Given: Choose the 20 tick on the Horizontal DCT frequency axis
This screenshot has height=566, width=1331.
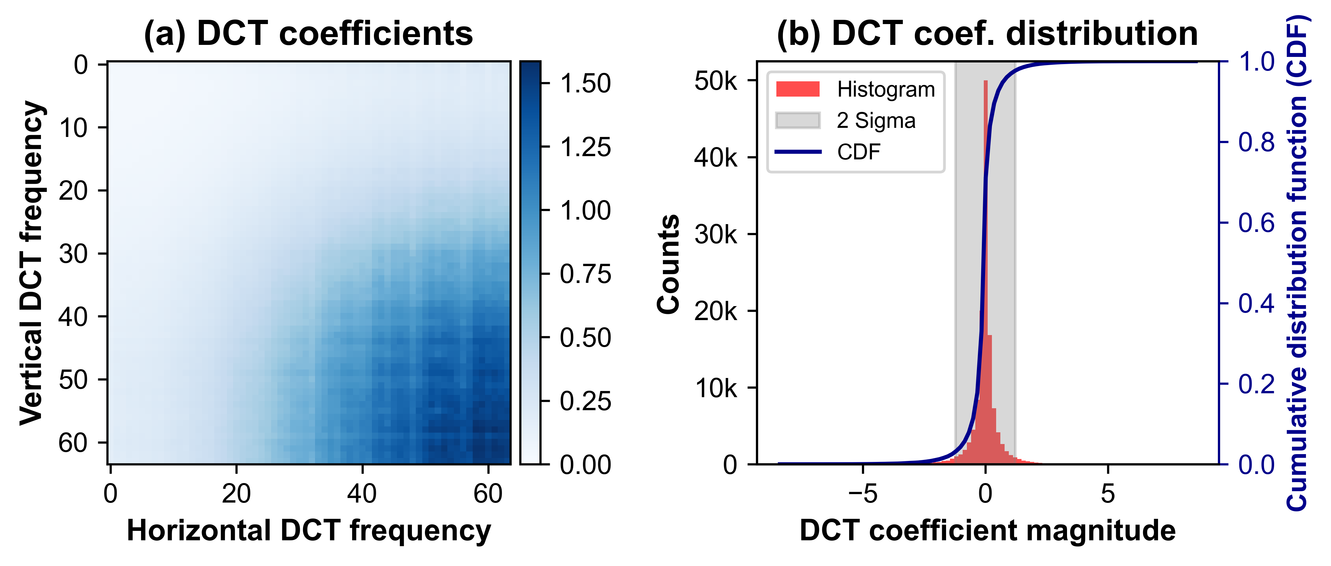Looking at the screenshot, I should click(236, 494).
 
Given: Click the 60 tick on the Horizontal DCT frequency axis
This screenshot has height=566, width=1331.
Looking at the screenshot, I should click(488, 494).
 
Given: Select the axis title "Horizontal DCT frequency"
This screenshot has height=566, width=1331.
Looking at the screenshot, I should click(309, 531).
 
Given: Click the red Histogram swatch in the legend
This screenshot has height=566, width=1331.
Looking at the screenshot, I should click(797, 89).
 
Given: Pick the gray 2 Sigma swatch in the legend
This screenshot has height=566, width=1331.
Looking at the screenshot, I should click(797, 120).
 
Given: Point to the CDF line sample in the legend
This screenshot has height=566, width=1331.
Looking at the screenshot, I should click(797, 152).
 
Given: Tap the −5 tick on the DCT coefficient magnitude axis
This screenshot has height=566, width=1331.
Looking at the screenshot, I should click(863, 494).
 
